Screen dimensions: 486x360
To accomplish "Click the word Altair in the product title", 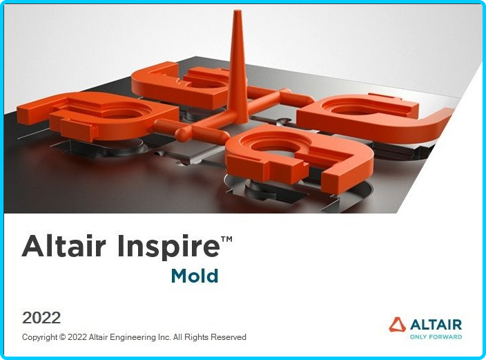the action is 64,246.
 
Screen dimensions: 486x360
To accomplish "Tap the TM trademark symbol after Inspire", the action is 226,239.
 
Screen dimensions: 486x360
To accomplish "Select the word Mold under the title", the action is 195,276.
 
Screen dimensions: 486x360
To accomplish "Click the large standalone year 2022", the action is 41,318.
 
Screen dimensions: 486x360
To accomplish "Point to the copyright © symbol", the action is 62,337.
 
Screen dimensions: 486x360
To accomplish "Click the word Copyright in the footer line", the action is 39,337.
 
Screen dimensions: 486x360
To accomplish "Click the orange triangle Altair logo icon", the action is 398,325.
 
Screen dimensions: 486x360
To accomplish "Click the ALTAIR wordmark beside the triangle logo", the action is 436,325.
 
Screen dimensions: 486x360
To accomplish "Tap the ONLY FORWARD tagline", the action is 436,337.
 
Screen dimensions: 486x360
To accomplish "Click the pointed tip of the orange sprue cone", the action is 237,11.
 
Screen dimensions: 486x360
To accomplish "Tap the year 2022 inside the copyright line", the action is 77,337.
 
